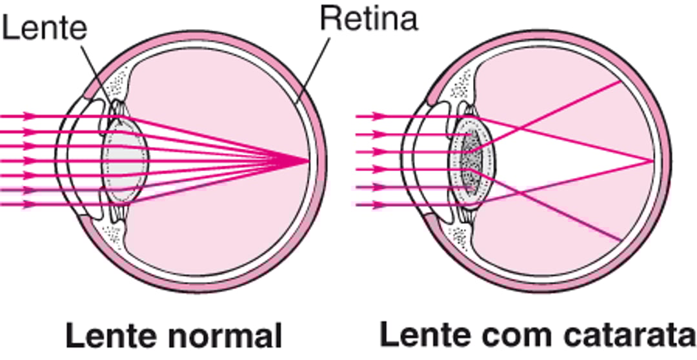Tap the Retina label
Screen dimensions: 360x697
click(369, 19)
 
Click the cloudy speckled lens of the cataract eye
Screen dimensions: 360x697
click(473, 161)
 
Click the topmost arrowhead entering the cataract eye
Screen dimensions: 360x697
click(379, 117)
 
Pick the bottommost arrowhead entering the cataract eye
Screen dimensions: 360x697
click(379, 205)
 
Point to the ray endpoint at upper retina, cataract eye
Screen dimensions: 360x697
click(621, 81)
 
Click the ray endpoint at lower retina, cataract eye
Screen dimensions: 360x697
click(621, 241)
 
